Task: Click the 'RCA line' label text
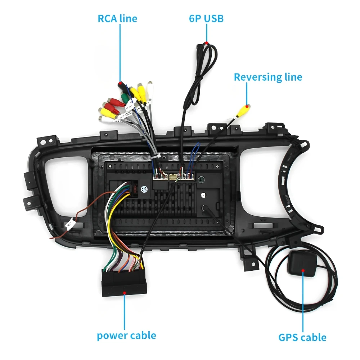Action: [117, 18]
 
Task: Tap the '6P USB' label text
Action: [206, 18]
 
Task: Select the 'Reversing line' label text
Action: [268, 77]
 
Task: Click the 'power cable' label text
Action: [126, 336]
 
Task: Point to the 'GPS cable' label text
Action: [302, 338]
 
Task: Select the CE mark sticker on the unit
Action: [145, 189]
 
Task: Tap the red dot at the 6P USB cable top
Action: [207, 43]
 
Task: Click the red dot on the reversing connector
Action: [247, 106]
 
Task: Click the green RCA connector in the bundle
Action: [124, 98]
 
